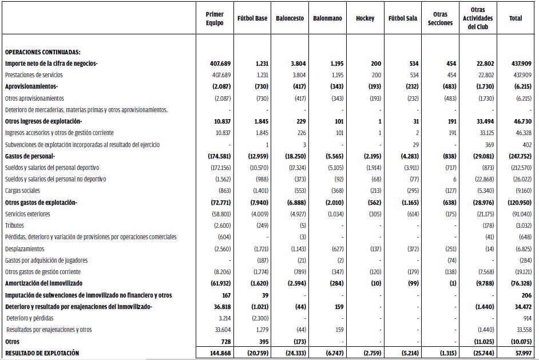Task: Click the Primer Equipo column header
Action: pos(215,18)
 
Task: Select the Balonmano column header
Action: pos(327,18)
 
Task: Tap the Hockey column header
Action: pos(365,18)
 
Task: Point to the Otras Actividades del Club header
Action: pos(478,18)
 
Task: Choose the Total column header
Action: pos(515,18)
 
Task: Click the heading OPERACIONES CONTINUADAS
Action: pos(42,52)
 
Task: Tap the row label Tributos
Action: pos(15,226)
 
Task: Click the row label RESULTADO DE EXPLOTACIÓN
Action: pos(42,353)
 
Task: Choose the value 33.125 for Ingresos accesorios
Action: pos(483,133)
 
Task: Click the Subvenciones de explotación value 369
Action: pos(488,145)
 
